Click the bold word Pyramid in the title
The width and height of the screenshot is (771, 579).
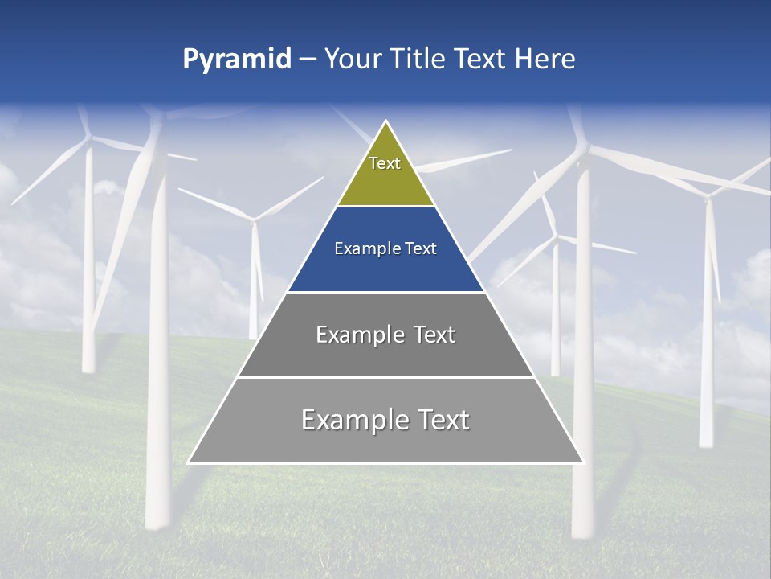237,59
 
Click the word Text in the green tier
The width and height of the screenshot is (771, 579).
385,163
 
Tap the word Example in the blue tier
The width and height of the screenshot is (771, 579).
361,248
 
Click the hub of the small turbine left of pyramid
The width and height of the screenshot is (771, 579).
254,220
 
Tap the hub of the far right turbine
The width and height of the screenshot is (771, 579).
708,194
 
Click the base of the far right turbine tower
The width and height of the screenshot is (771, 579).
706,444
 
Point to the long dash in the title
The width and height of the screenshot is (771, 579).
308,59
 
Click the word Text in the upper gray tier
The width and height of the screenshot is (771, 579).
431,335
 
